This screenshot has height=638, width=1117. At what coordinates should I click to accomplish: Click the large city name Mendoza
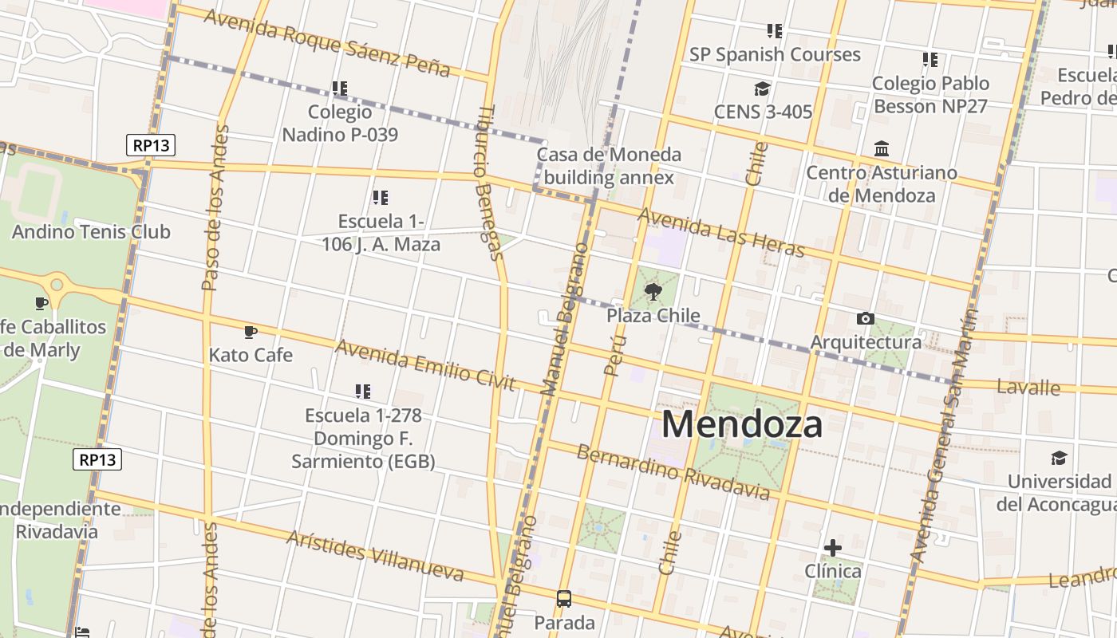(x=742, y=424)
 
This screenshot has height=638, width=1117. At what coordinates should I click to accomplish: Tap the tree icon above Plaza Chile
(x=653, y=292)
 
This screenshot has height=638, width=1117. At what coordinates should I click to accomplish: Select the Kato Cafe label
(x=251, y=355)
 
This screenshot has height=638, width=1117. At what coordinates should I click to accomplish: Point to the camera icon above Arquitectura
(x=866, y=319)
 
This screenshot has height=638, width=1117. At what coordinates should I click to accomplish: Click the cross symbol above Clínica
(x=832, y=548)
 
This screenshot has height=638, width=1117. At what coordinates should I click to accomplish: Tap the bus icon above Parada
(x=564, y=599)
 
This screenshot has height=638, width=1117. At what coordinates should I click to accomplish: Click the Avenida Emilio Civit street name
(x=425, y=365)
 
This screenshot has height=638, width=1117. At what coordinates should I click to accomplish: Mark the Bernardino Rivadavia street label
(x=673, y=472)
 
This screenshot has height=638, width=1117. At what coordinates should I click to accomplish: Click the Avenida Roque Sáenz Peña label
(x=327, y=42)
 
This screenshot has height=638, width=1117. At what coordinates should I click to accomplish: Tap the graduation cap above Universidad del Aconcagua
(x=1059, y=459)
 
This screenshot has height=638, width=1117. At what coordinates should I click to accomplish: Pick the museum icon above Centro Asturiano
(x=882, y=149)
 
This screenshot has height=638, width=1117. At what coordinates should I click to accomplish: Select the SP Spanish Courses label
(x=775, y=54)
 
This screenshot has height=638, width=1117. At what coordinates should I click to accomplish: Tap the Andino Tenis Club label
(x=91, y=232)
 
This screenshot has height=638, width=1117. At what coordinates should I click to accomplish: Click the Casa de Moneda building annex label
(x=609, y=166)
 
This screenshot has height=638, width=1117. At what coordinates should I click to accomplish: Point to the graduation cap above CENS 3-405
(x=763, y=89)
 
